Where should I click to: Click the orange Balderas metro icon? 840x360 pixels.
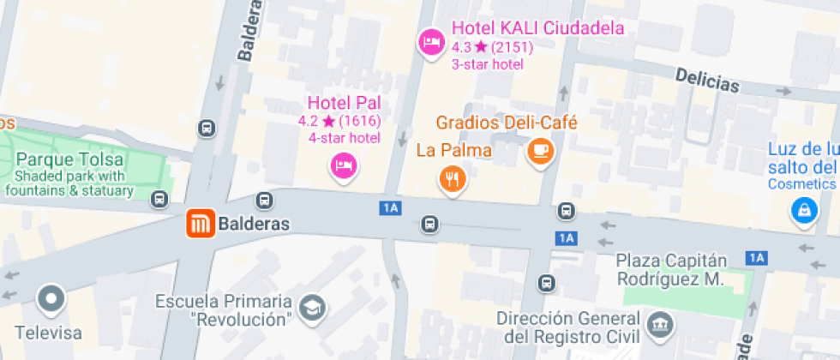(x=199, y=225)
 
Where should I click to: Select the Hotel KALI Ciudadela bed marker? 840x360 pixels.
(x=429, y=40)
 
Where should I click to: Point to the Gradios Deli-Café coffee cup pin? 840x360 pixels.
(x=541, y=151)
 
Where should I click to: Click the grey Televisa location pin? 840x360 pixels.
(x=51, y=298)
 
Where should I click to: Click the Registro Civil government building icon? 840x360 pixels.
(x=660, y=324)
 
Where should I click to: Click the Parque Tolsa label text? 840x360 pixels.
(x=70, y=159)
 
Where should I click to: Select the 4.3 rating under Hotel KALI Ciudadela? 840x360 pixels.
(x=462, y=46)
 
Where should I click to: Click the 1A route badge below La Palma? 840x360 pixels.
(x=391, y=207)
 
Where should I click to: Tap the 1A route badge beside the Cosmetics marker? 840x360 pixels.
(x=755, y=256)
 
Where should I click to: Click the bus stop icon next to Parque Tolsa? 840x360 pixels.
(x=159, y=200)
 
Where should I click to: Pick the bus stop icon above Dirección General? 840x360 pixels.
(x=546, y=283)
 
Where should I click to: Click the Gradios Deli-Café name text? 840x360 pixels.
(x=507, y=123)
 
